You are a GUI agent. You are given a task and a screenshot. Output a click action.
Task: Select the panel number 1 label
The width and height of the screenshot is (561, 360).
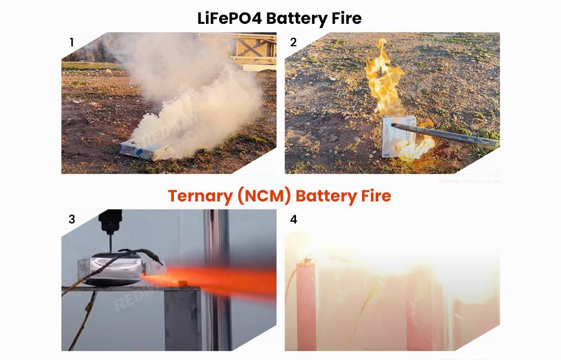[x=72, y=42]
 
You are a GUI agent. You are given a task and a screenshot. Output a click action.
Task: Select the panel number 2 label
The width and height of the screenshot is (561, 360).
[x=293, y=42]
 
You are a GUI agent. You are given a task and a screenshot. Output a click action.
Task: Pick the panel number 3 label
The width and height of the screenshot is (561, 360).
[x=72, y=219]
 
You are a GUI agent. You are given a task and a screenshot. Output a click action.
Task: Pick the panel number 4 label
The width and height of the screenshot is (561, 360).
[x=293, y=219]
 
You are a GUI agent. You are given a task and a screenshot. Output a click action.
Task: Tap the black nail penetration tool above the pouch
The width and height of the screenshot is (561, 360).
[x=111, y=225]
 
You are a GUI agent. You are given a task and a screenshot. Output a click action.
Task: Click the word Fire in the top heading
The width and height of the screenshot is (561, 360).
[x=344, y=18]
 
